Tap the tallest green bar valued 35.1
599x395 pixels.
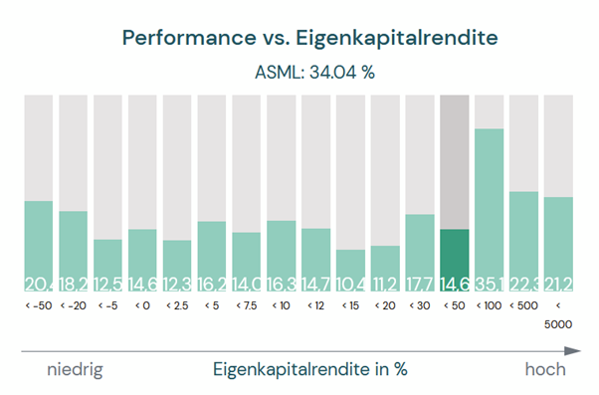pyautogui.click(x=490, y=209)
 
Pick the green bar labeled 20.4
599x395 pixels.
pyautogui.click(x=38, y=244)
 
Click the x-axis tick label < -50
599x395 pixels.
pyautogui.click(x=38, y=306)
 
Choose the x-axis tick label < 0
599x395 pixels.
pyautogui.click(x=142, y=306)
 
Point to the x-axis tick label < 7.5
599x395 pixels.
pyautogui.click(x=247, y=306)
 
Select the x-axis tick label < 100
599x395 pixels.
pyautogui.click(x=490, y=306)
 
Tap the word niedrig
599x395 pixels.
pyautogui.click(x=76, y=369)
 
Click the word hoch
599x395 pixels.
pyautogui.click(x=545, y=369)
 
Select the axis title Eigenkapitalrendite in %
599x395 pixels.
pyautogui.click(x=310, y=369)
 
